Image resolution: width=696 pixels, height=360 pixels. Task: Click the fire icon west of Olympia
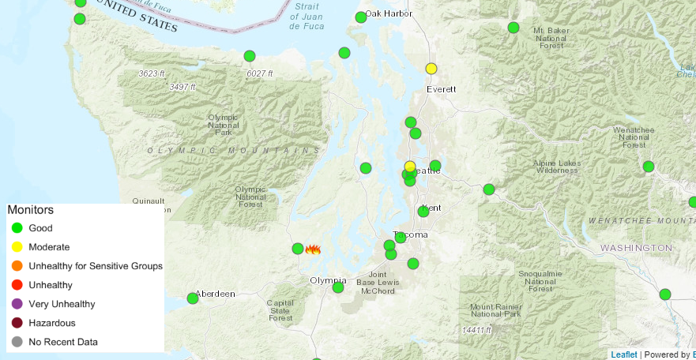tap(313, 249)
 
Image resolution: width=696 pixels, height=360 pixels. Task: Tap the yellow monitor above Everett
tap(431, 69)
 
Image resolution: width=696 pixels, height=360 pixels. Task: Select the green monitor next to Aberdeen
tap(193, 298)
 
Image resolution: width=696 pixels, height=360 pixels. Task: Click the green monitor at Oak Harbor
tap(361, 17)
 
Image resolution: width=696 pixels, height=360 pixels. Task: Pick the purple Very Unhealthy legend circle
tap(17, 304)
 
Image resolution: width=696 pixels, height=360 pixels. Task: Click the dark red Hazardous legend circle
tap(17, 323)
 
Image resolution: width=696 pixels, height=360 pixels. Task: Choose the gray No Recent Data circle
tap(17, 342)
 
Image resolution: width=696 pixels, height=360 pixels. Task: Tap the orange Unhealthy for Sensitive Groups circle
tap(17, 266)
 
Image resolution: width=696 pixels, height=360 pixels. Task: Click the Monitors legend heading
tap(30, 211)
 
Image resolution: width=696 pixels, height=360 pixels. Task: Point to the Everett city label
tap(441, 89)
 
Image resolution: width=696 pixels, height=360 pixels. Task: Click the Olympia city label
tap(328, 280)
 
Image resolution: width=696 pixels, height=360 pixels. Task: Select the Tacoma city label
tap(411, 236)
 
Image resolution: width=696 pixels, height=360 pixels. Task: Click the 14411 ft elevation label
tap(476, 330)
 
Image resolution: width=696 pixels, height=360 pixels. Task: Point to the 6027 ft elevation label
tap(259, 73)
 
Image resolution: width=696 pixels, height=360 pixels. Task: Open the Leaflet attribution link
tap(623, 354)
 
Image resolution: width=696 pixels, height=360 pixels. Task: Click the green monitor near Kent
tap(423, 211)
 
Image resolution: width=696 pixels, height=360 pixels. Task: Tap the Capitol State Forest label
tap(280, 309)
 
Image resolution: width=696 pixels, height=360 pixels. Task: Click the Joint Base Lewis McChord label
tap(375, 283)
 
